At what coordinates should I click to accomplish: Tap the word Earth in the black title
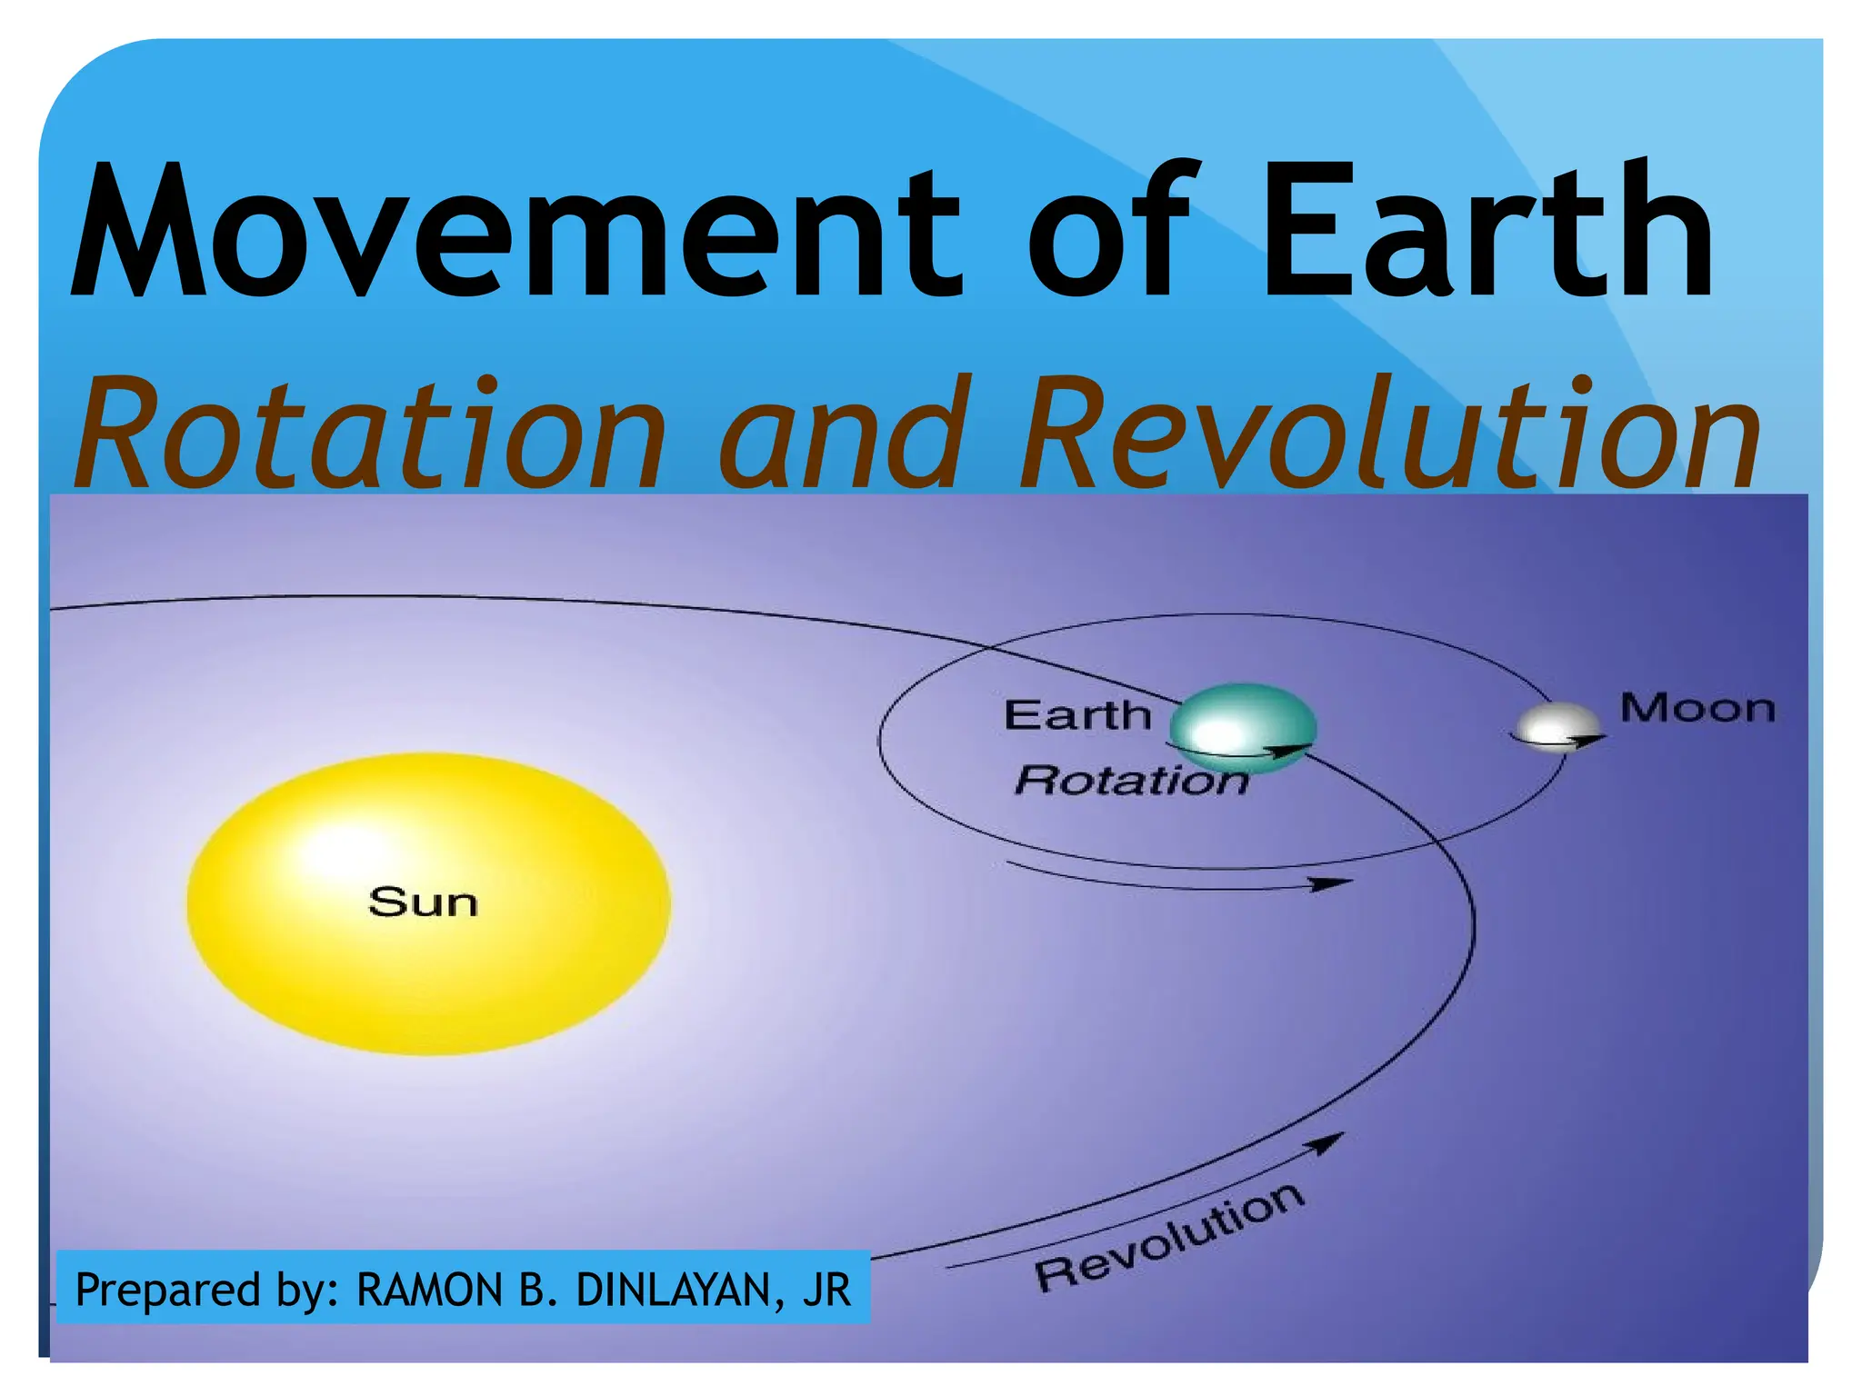pyautogui.click(x=1486, y=232)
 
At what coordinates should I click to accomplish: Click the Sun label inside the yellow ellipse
pyautogui.click(x=423, y=902)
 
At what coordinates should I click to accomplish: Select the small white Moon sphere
pyautogui.click(x=1556, y=723)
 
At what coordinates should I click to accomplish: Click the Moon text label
pyautogui.click(x=1697, y=708)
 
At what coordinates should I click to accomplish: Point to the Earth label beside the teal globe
pyautogui.click(x=1077, y=715)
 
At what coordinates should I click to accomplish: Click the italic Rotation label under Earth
pyautogui.click(x=1131, y=781)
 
